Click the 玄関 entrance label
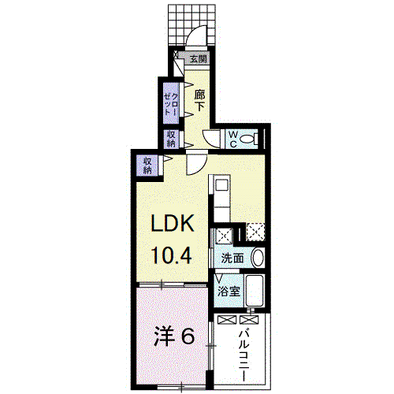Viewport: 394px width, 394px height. (199, 59)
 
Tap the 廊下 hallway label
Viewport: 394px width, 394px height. (199, 101)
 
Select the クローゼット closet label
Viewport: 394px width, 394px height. (171, 104)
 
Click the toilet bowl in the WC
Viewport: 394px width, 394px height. (248, 139)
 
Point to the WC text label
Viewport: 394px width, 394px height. (233, 139)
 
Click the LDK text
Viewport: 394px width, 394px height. (172, 223)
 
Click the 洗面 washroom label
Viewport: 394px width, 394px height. (232, 258)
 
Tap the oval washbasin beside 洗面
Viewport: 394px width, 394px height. (258, 258)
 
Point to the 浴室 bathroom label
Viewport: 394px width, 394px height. (229, 291)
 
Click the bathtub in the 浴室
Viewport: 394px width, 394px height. (255, 290)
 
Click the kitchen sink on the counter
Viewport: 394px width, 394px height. (221, 184)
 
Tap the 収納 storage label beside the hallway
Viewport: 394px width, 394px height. (171, 139)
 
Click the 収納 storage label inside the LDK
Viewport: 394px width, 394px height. (147, 165)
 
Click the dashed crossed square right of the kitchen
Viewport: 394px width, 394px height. (255, 232)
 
